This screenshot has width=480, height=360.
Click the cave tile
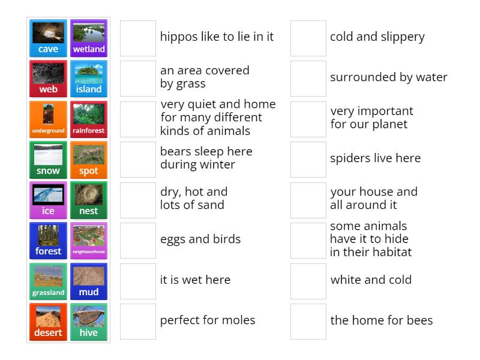pos(48,38)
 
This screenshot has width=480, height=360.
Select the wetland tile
pos(89,38)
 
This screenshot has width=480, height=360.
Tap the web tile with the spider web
pos(48,79)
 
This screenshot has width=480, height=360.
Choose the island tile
pos(89,79)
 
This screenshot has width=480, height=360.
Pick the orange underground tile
pos(48,119)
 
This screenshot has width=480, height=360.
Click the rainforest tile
pos(89,119)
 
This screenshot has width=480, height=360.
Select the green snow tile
pos(48,160)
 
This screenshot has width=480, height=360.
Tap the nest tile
pos(89,200)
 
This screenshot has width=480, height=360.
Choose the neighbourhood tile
pos(89,241)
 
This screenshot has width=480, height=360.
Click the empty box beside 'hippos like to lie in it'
pos(138,38)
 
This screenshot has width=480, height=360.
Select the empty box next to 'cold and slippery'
pos(308,38)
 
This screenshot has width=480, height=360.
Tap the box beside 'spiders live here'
pos(308,160)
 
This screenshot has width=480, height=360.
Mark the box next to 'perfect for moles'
pos(138,322)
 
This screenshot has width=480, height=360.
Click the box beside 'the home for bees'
pos(308,322)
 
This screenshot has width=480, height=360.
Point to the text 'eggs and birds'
pos(200,239)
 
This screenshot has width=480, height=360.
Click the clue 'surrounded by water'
pos(389,77)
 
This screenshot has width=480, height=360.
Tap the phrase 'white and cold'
pos(371,280)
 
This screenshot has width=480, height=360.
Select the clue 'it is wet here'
pos(195,280)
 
